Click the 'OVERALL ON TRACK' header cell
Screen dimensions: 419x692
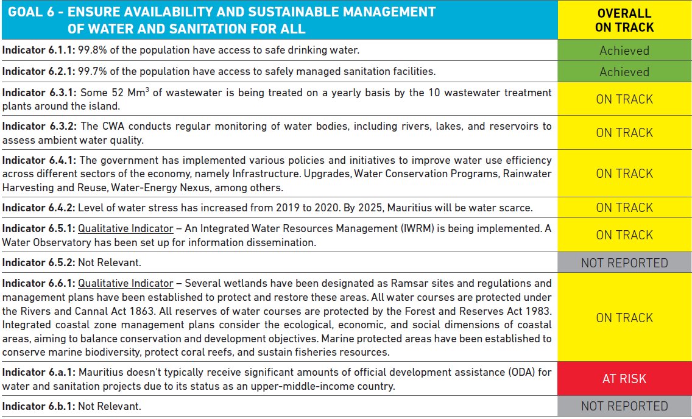[x=624, y=20]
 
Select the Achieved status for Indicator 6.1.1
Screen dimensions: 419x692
[x=624, y=51]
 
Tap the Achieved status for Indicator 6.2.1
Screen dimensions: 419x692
[x=624, y=72]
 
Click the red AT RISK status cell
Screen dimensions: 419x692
[x=624, y=379]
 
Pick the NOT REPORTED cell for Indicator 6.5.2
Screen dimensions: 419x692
[x=624, y=263]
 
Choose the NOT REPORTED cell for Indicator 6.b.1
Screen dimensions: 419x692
[x=624, y=406]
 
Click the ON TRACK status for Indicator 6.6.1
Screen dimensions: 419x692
[x=624, y=318]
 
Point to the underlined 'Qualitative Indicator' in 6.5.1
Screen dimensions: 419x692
[x=125, y=229]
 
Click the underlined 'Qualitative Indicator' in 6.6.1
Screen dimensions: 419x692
[x=125, y=283]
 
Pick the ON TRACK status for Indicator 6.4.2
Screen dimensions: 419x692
[x=624, y=208]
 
